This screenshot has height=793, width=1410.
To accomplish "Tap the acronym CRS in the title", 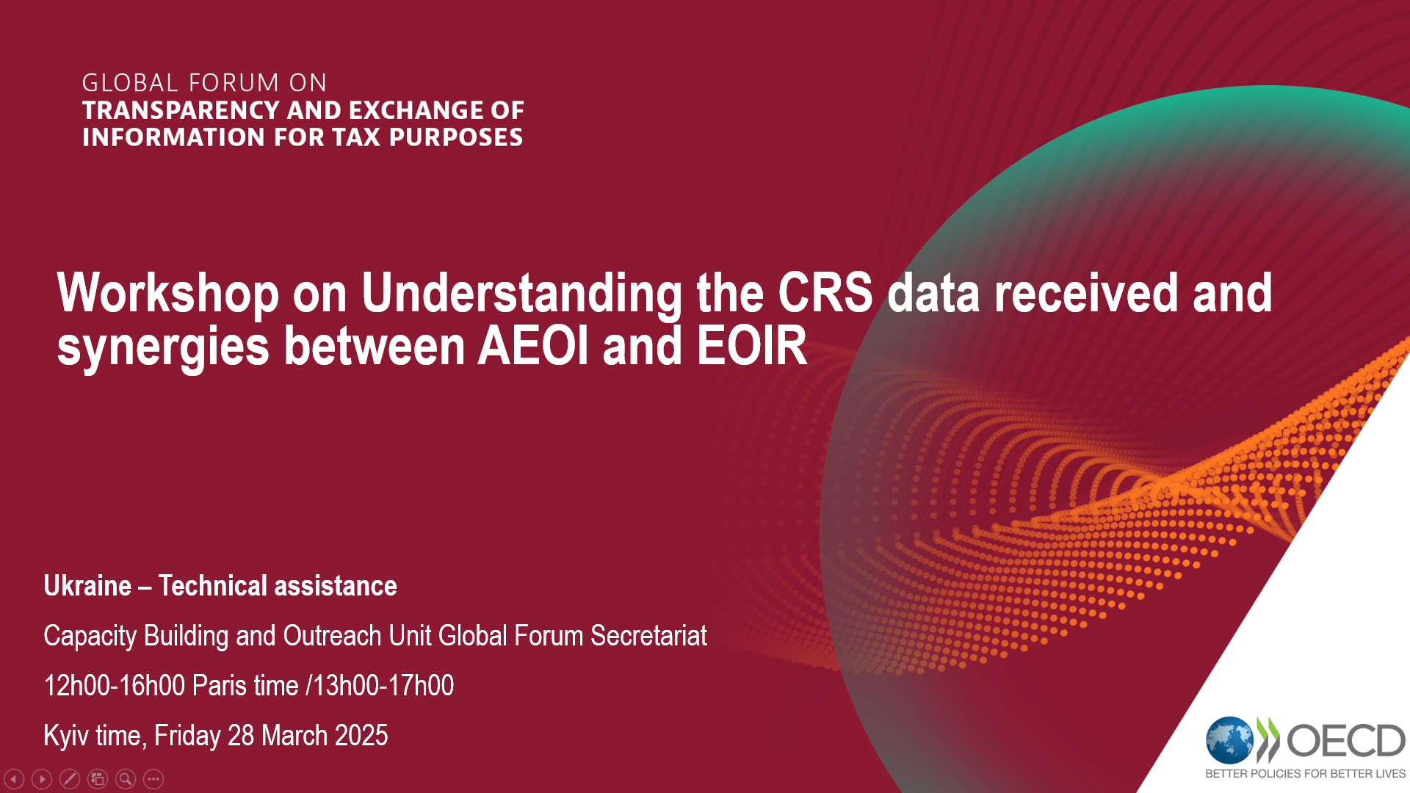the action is pos(825,292).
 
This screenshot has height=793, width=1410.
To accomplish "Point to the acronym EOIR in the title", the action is pos(752,346).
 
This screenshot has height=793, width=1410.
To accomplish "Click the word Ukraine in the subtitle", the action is pos(87,586).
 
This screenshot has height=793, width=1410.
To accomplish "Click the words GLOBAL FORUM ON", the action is pos(204,82).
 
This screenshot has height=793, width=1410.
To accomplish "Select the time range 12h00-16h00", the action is pos(115,685).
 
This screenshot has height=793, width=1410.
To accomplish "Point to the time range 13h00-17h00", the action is pos(383,685).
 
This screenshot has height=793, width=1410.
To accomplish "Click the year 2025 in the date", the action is pos(361,735).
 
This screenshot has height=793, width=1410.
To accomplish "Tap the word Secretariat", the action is pos(648,636).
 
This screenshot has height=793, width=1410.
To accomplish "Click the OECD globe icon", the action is pos(1229,740).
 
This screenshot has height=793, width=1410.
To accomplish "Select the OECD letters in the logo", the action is pos(1346,740).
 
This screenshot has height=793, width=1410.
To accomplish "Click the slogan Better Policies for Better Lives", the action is pos(1305,774).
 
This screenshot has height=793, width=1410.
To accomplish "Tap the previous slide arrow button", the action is pos(14,778).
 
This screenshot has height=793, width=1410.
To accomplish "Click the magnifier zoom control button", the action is pos(126,778).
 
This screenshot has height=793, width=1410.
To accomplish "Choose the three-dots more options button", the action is pos(153,778).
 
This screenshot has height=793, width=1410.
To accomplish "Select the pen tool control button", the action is pos(70,778).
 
